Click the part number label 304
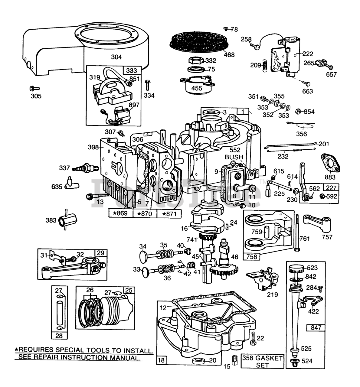[116, 57]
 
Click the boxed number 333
[131, 70]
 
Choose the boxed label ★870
[145, 213]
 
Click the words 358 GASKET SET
[263, 361]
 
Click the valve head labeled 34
[144, 256]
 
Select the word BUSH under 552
[234, 157]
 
